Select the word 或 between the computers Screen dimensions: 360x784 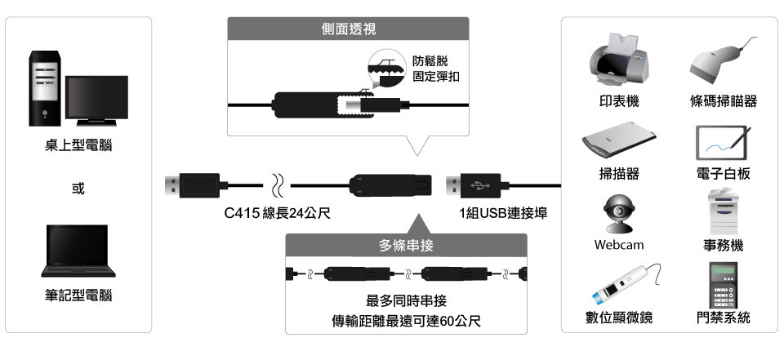click(78, 189)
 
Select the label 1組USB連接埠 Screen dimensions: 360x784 click(502, 214)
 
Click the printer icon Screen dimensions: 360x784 click(618, 61)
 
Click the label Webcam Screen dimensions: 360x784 click(618, 245)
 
